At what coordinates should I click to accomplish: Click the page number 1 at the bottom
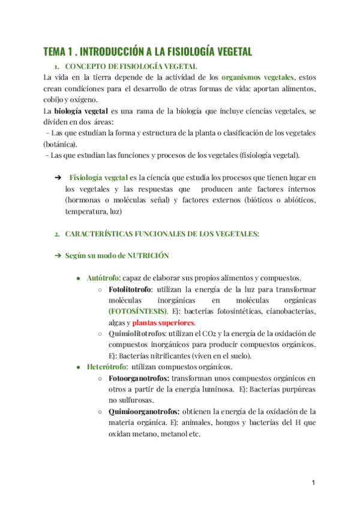point(313,483)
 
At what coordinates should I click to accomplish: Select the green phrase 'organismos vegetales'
point(258,77)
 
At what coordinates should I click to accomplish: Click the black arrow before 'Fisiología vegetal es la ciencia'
point(58,178)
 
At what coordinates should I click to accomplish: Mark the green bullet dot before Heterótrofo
point(79,367)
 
